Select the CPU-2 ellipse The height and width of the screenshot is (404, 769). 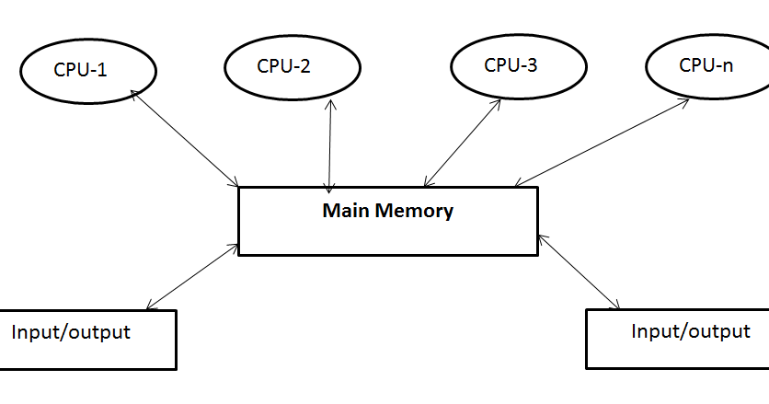(x=291, y=65)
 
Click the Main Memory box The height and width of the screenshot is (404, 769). (x=387, y=221)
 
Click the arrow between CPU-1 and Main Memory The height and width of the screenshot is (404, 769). (x=186, y=137)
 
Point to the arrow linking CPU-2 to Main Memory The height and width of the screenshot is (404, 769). (x=330, y=144)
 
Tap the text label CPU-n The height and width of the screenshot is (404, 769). (x=706, y=64)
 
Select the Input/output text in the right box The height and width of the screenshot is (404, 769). (x=691, y=331)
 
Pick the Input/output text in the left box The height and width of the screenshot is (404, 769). (x=71, y=332)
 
